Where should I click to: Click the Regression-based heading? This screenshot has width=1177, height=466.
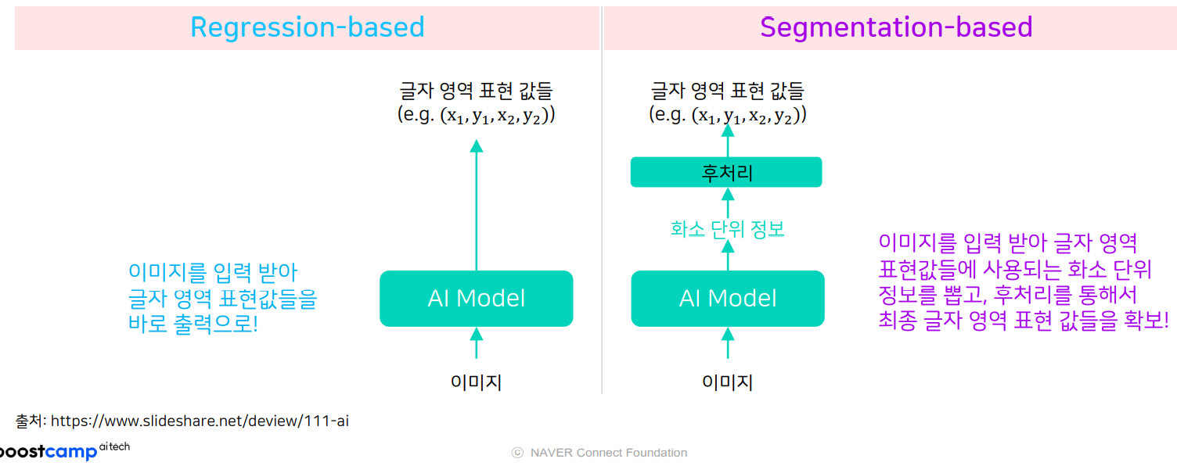coord(307,27)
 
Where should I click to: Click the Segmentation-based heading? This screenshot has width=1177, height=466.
coord(896,27)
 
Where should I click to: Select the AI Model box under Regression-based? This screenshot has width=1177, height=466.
coord(476,299)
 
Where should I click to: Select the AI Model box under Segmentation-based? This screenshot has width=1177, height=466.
coord(727,299)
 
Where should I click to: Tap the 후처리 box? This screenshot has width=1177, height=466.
coord(726,172)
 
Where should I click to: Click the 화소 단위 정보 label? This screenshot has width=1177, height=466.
coord(727,229)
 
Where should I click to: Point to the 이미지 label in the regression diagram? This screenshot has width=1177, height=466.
coord(476,382)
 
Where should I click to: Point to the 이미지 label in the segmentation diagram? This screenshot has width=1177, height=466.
coord(727,382)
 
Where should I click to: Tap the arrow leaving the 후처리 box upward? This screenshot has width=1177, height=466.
coord(728,142)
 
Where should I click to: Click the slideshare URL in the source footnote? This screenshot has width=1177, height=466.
coord(200,421)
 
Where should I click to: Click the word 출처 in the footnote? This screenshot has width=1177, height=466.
coord(30,421)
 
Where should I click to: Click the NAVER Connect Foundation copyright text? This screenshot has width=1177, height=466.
coord(599,453)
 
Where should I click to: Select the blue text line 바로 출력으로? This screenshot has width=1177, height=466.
coord(193,324)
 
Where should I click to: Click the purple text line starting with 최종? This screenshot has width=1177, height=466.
coord(1024,320)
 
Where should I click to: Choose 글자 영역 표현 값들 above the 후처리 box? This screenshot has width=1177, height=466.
coord(727,91)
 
